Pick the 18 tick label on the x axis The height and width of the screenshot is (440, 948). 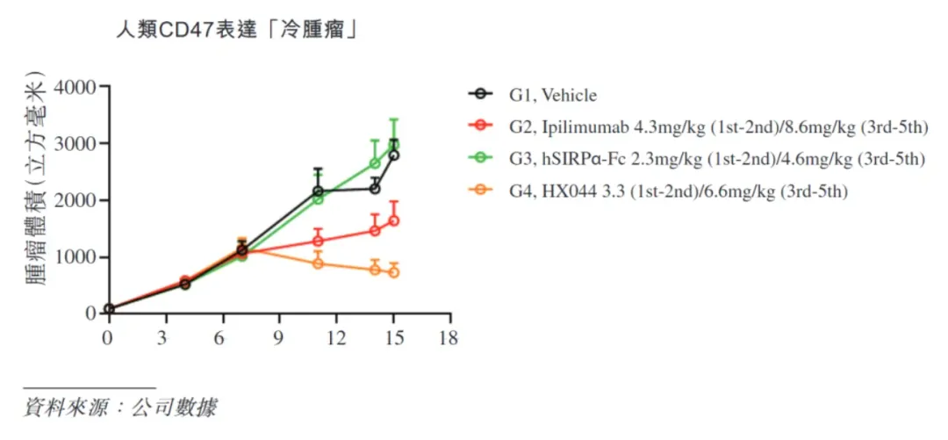click(x=449, y=338)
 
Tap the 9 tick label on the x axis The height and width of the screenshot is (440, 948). click(x=279, y=338)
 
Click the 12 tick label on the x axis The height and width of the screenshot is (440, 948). click(x=336, y=338)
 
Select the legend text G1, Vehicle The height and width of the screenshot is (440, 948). click(x=552, y=95)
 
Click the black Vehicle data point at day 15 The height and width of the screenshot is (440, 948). click(x=393, y=155)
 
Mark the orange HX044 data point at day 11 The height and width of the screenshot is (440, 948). click(x=318, y=263)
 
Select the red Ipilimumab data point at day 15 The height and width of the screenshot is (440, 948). click(x=393, y=220)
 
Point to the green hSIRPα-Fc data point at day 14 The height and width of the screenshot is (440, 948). click(x=375, y=163)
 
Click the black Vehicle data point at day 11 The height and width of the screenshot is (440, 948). click(x=318, y=191)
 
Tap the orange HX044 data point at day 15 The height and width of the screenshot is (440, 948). click(x=393, y=272)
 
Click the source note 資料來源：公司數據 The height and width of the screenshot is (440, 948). click(x=119, y=408)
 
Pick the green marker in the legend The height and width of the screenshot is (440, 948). click(x=480, y=159)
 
